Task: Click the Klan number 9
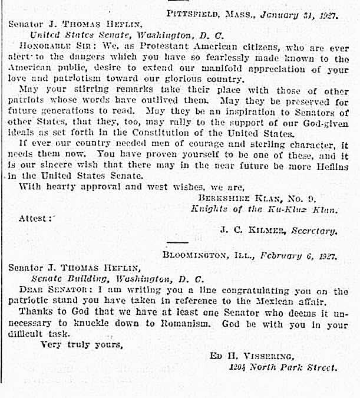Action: [330, 197]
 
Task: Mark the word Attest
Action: [32, 218]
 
